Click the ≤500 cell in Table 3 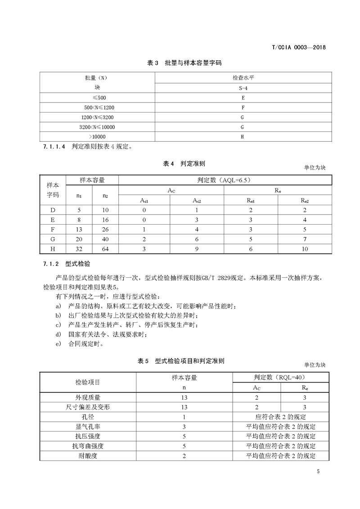tap(97, 97)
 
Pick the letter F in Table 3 tap(243, 107)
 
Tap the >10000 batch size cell tap(97, 137)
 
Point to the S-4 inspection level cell tap(243, 87)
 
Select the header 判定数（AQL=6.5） tap(224, 180)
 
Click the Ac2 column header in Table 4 tap(197, 200)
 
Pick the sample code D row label tap(53, 210)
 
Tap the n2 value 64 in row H tap(105, 249)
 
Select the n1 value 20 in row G tap(79, 239)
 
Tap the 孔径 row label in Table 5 tap(88, 417)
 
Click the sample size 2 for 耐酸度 tap(184, 456)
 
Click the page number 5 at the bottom tap(318, 472)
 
